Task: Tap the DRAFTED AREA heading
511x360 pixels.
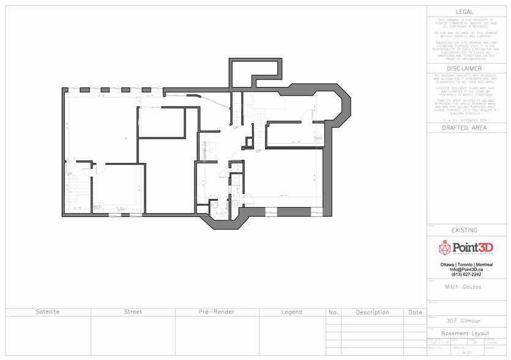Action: point(468,129)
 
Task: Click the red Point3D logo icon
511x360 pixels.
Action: point(445,248)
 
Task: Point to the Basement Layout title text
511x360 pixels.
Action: point(468,333)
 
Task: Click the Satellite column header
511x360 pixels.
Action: point(48,312)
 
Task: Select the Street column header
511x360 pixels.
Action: point(133,312)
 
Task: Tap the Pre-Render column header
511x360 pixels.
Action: point(217,312)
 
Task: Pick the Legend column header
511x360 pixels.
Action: point(292,312)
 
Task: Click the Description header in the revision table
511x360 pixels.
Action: point(372,312)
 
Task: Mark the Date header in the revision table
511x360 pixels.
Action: point(415,312)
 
